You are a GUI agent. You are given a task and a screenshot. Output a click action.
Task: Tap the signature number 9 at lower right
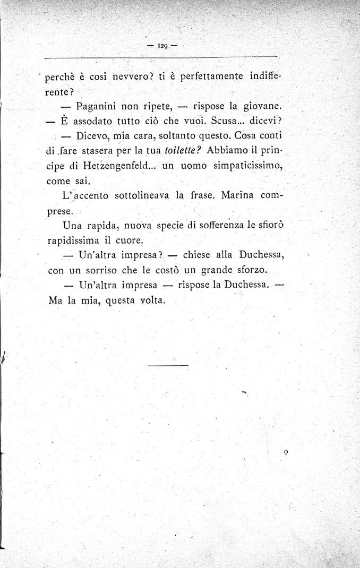point(286,452)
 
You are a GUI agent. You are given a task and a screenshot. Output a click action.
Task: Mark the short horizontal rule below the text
point(168,365)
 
